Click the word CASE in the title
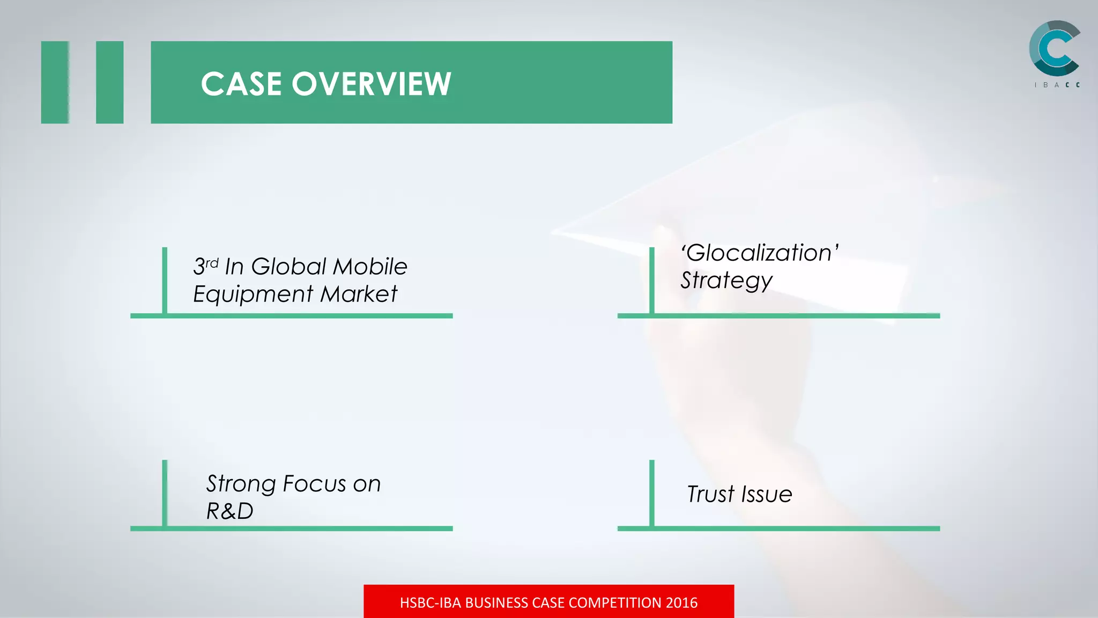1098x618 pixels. (x=241, y=84)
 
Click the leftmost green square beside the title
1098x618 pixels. (x=55, y=82)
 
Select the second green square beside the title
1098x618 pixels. (x=110, y=82)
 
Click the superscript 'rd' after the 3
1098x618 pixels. (x=212, y=263)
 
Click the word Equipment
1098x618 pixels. (x=253, y=295)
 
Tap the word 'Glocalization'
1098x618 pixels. (x=759, y=253)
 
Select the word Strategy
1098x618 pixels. (x=726, y=281)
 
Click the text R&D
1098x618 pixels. (x=230, y=511)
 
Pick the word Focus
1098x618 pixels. (x=314, y=484)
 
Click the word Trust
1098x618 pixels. (x=711, y=494)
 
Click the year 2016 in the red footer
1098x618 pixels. (x=681, y=603)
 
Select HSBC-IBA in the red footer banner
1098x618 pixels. (x=430, y=603)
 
